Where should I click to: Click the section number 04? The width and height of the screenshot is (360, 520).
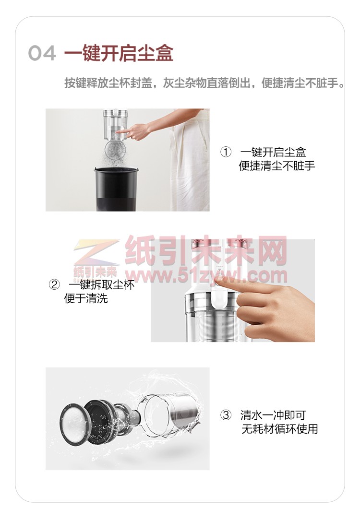(x=42, y=53)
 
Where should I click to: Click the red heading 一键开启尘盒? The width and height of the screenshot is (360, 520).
(x=119, y=53)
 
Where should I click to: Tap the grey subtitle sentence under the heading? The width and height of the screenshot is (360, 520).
(x=204, y=83)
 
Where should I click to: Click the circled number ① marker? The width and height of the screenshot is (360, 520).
(x=226, y=152)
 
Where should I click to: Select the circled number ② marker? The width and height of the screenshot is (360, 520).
(x=54, y=284)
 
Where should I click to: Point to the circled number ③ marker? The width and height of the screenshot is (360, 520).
(x=226, y=415)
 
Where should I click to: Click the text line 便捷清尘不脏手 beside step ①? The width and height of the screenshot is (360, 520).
(x=276, y=165)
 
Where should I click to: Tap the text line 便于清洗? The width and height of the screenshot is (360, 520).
(x=86, y=298)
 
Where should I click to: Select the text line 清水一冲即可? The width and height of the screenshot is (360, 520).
(x=273, y=415)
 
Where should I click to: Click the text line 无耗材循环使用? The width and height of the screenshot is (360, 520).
(x=279, y=429)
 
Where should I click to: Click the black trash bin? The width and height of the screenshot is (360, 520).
(x=116, y=189)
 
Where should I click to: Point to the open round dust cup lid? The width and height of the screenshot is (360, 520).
(x=116, y=151)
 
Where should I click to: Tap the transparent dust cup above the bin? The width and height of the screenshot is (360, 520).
(x=115, y=125)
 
